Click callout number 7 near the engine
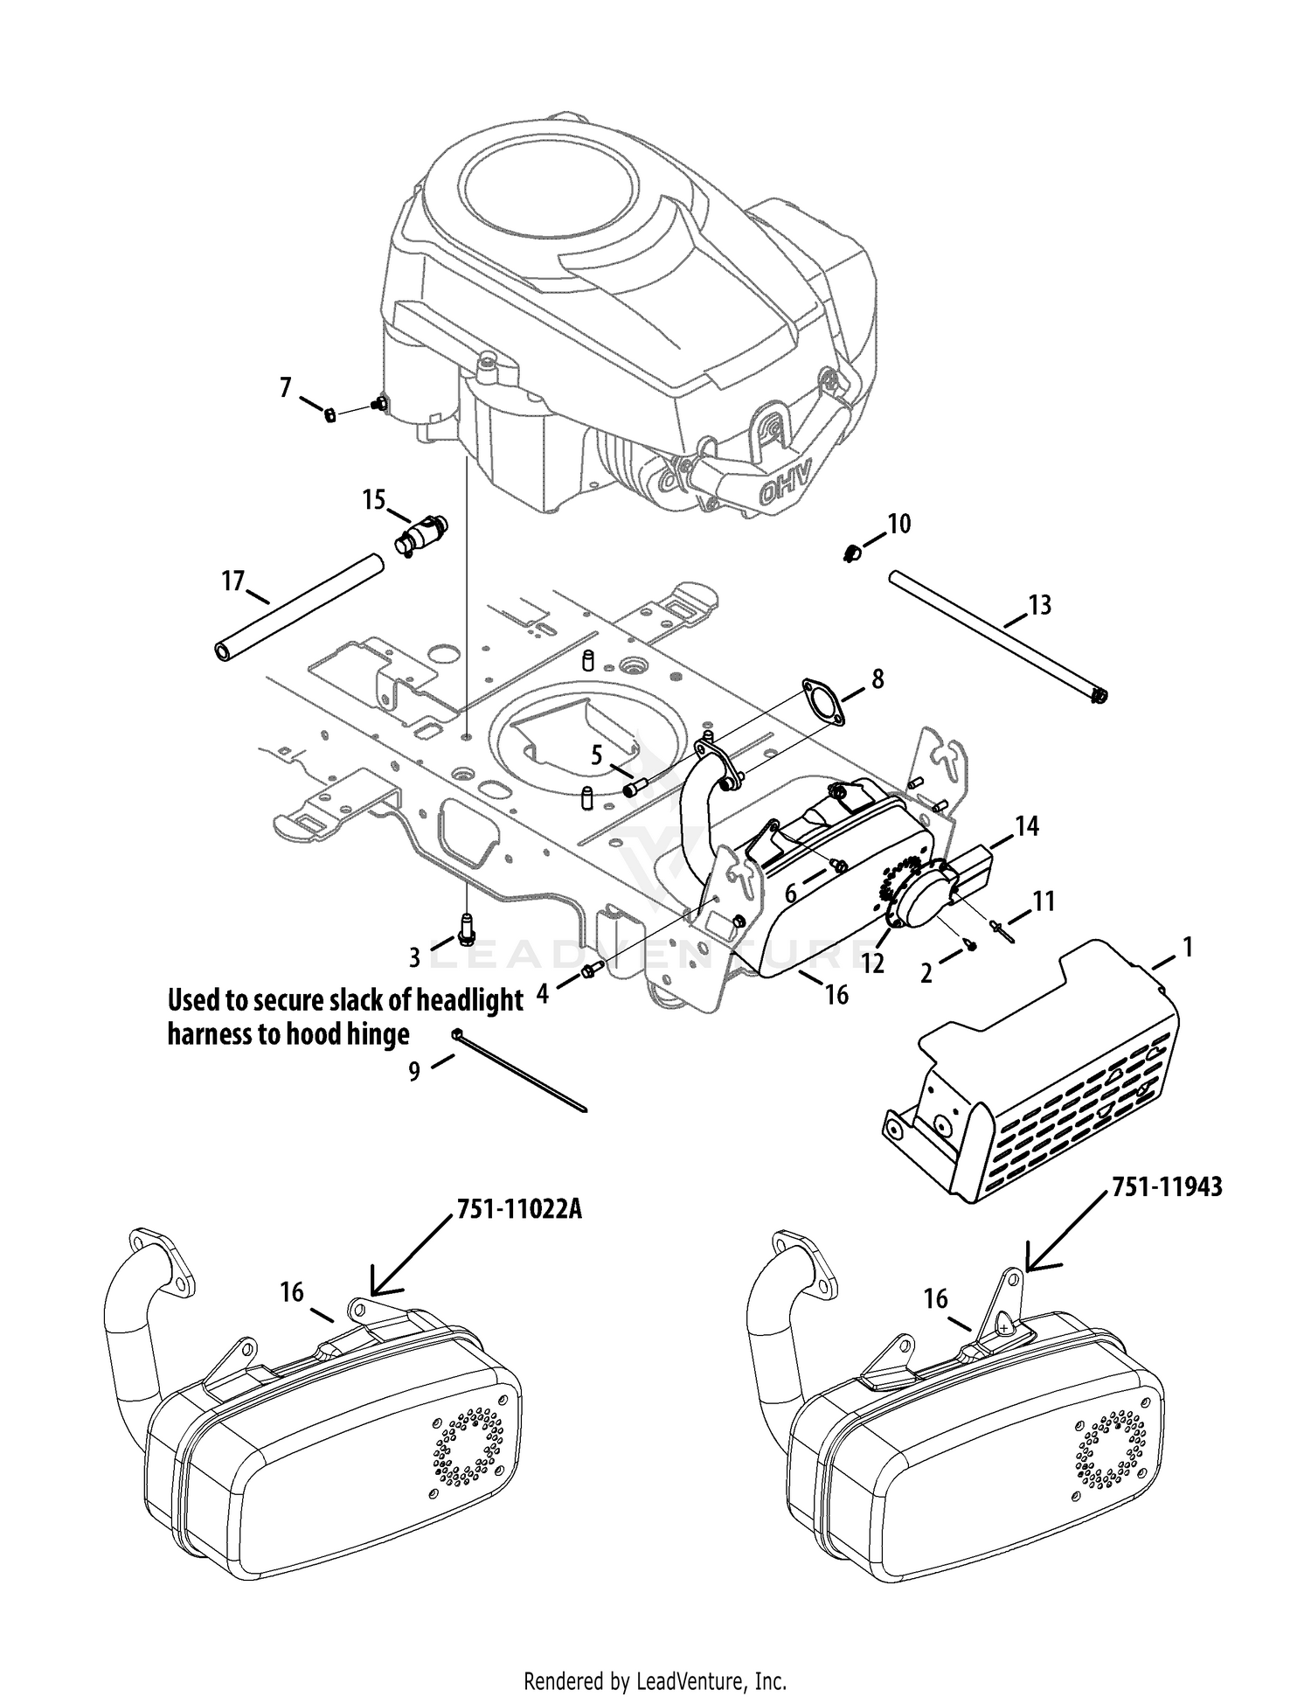click(286, 387)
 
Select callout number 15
click(374, 500)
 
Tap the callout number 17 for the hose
click(233, 581)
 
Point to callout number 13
click(1040, 605)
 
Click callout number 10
click(899, 524)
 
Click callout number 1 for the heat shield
click(1186, 947)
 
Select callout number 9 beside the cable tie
click(414, 1071)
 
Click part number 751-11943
click(1167, 1186)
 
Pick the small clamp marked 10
click(852, 553)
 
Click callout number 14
click(1026, 825)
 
